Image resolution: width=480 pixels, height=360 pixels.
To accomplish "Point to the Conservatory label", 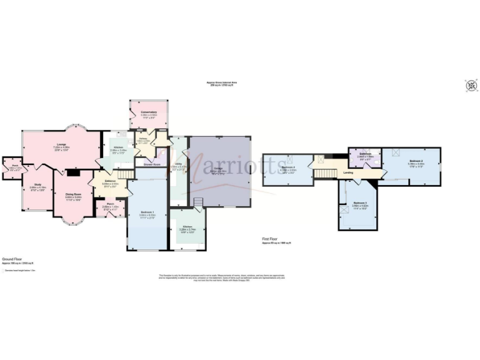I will point(148,112).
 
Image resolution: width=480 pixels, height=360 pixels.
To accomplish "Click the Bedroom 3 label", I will point(359,204).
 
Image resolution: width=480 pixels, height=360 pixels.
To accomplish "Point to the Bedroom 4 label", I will point(288,167).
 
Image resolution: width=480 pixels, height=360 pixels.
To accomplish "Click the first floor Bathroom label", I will point(365,154).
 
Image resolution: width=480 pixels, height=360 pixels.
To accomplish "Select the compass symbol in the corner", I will point(470,85).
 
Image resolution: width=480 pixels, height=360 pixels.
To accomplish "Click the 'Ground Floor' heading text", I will point(12,258).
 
